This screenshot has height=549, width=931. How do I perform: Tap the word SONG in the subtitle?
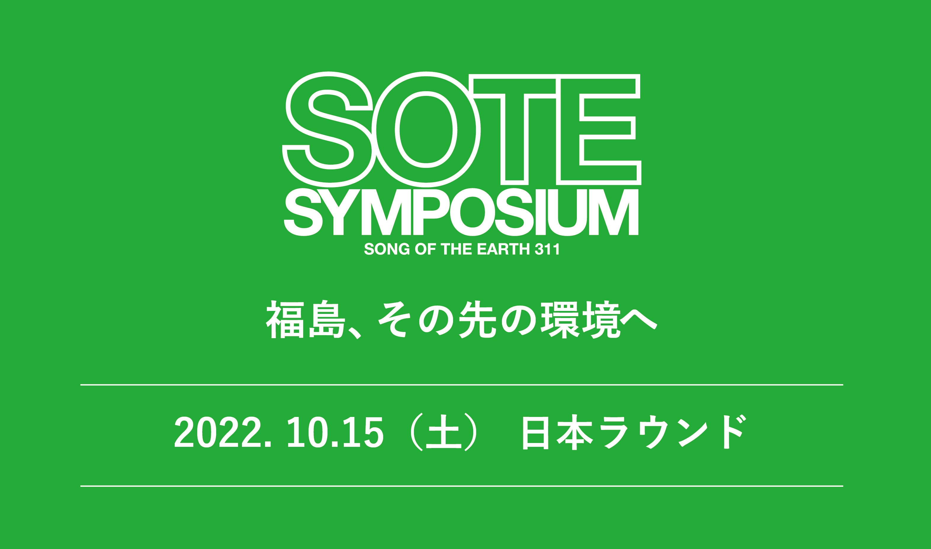pos(387,249)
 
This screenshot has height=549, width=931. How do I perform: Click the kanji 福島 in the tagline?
pos(306,321)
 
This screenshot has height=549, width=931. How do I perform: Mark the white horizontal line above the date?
pos(462,385)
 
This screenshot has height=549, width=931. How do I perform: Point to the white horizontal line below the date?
pos(462,486)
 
